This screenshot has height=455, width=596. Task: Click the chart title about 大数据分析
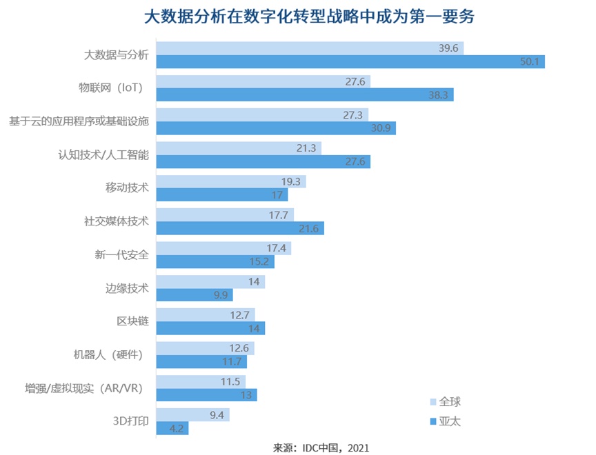click(308, 17)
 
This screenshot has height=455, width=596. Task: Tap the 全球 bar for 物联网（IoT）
click(263, 81)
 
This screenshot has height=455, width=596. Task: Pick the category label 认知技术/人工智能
click(103, 155)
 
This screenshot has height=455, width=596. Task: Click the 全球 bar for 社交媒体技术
click(225, 215)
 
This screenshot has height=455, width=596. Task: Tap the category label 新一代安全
click(122, 255)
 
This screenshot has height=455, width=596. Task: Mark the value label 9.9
click(221, 295)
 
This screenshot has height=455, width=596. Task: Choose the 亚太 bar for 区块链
click(210, 329)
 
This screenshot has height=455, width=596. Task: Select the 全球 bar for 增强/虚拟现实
click(201, 381)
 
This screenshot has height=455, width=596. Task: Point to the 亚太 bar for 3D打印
click(172, 428)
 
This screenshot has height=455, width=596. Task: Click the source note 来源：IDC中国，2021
click(321, 447)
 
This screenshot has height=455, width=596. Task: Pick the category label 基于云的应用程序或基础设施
click(79, 122)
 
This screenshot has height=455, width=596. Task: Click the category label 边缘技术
click(122, 288)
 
